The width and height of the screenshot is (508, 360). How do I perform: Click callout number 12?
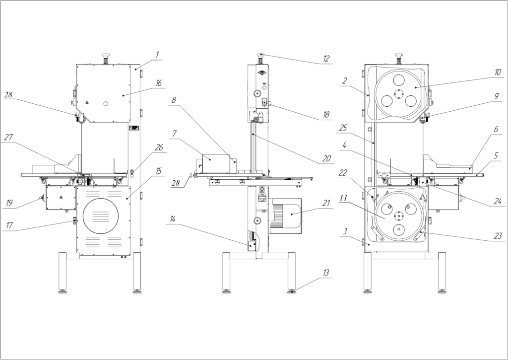[x=326, y=59]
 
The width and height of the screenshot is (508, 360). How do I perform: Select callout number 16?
[x=158, y=83]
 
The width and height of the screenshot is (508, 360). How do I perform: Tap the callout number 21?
[x=326, y=203]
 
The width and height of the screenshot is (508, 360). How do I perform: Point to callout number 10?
[x=498, y=72]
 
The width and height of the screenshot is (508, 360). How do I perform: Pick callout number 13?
[x=326, y=273]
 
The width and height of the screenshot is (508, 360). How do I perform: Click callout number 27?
[x=8, y=137]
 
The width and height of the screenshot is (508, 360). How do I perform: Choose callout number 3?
[x=345, y=231]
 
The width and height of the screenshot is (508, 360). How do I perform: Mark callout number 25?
[x=343, y=128]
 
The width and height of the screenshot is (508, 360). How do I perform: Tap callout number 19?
[x=9, y=203]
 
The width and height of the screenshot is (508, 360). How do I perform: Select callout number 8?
[x=174, y=100]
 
